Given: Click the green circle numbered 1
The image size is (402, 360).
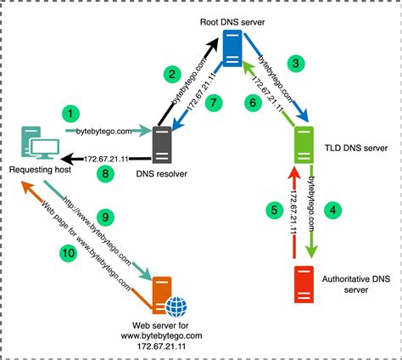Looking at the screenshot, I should [73, 111].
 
